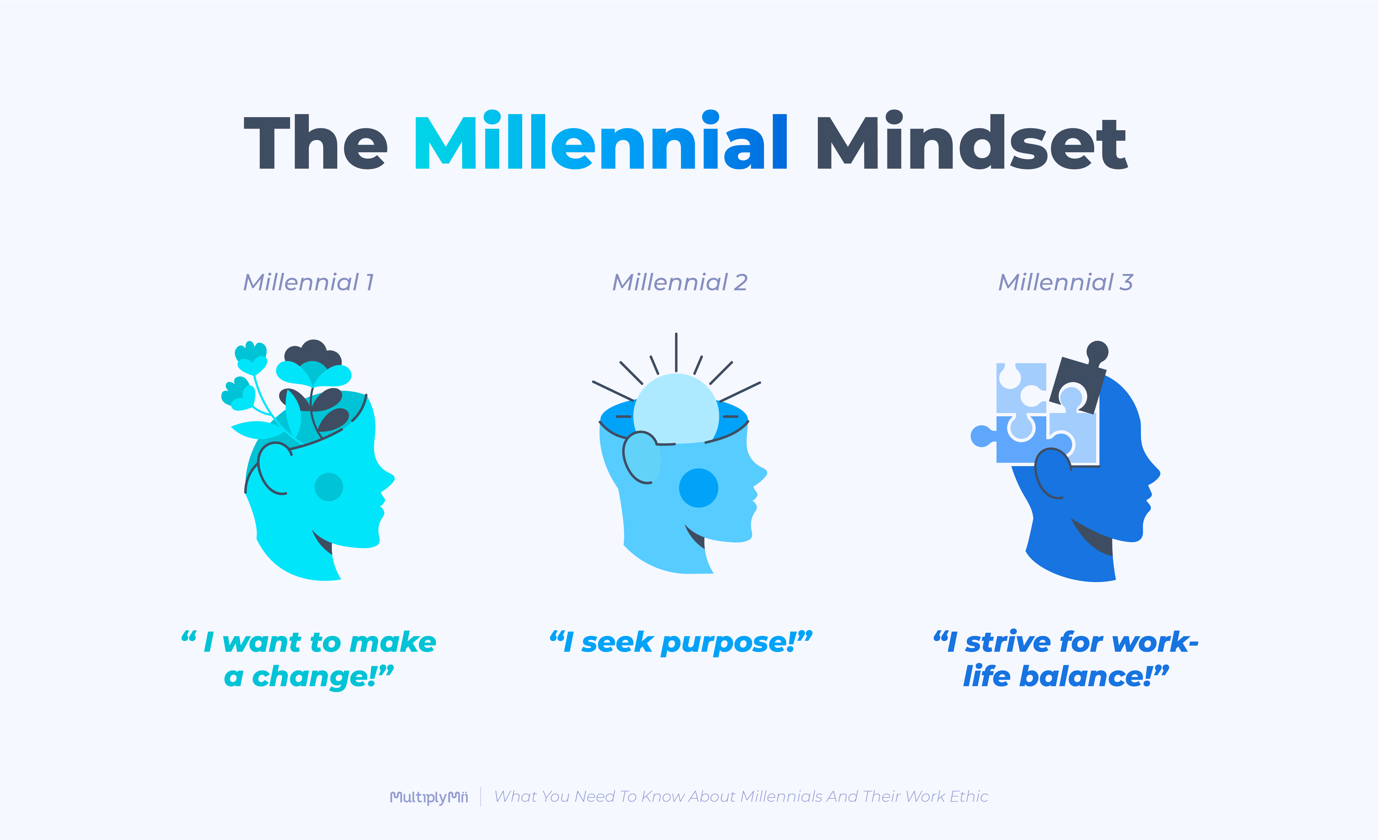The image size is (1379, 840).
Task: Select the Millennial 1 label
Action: point(308,283)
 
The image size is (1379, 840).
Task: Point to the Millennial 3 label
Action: point(1066,283)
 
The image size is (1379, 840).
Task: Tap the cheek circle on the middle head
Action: point(699,487)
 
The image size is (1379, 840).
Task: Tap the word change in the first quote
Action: point(313,677)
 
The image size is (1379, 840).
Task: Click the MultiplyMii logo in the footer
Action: point(429,797)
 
